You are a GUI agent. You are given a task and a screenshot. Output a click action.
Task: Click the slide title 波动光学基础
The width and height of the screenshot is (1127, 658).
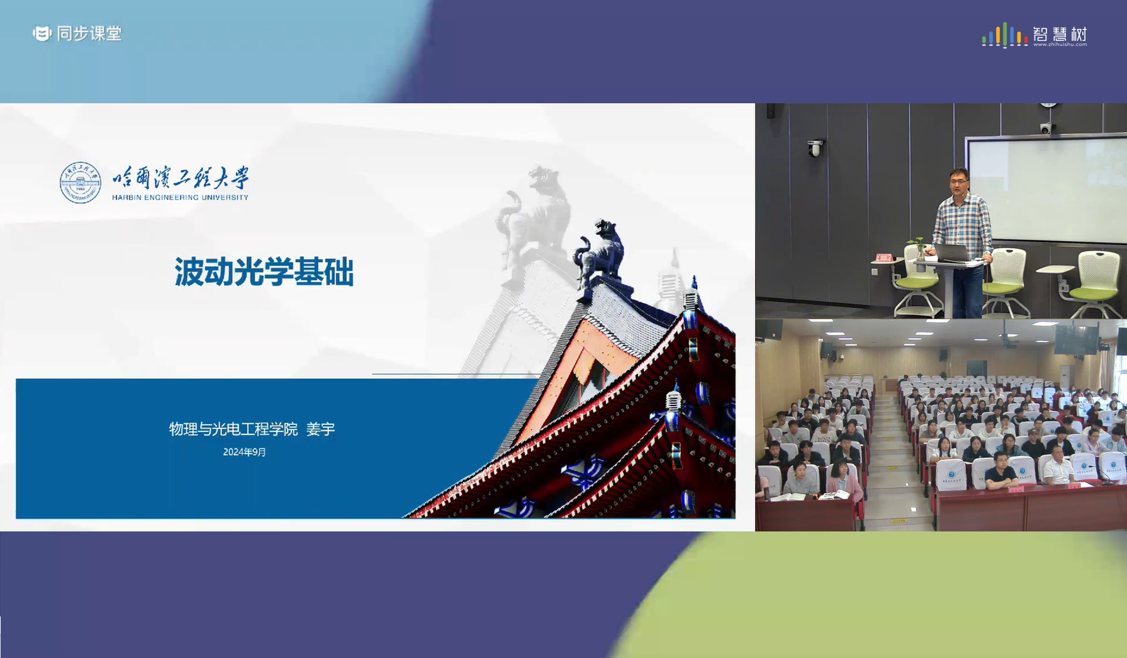(264, 272)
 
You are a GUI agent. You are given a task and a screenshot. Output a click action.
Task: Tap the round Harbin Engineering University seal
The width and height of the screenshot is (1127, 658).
(80, 183)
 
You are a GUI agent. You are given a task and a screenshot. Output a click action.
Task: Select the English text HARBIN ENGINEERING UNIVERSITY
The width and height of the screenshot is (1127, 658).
(181, 197)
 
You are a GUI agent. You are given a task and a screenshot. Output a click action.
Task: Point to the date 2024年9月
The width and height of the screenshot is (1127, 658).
(244, 452)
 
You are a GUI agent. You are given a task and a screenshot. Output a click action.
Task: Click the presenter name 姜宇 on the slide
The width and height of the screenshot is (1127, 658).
(320, 429)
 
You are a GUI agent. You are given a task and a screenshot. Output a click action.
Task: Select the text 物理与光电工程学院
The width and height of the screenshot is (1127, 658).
(233, 429)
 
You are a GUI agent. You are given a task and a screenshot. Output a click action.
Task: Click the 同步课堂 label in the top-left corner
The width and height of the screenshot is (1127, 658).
(89, 33)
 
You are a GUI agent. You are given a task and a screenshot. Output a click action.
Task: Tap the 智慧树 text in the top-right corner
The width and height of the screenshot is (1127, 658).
(1060, 33)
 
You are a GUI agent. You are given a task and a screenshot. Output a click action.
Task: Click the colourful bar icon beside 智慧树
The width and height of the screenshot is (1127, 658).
(1005, 35)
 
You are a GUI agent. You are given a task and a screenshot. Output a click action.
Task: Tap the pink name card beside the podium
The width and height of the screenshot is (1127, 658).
(883, 258)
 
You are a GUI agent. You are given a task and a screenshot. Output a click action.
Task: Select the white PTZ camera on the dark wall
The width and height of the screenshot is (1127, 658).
(815, 148)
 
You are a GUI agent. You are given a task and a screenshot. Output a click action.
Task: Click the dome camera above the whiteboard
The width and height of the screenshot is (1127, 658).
(1045, 128)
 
